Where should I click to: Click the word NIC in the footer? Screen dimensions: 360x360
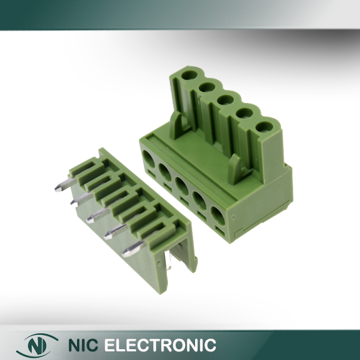[x=83, y=345]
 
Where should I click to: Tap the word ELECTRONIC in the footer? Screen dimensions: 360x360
[x=160, y=345]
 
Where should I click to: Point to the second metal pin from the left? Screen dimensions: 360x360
[x=81, y=199]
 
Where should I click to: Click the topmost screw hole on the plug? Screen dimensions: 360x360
[x=189, y=75]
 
